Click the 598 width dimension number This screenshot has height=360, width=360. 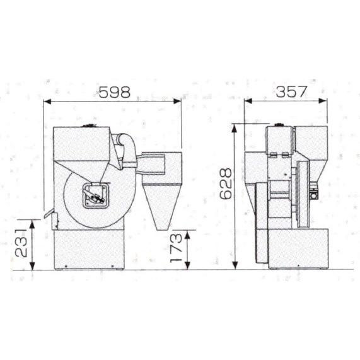pos(115,92)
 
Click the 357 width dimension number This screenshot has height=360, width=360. pos(291,91)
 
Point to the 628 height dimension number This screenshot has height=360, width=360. pos(226,183)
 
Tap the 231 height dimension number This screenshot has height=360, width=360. pos(21,243)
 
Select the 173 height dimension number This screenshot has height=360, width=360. pos(176,248)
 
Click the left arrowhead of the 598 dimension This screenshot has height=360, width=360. pos(47,102)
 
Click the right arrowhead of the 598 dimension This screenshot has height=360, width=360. pos(177,102)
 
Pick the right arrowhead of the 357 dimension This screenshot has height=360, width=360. pos(323,101)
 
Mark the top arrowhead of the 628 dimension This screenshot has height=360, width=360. pos(235,129)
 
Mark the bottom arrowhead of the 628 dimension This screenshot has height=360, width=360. pos(235,265)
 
